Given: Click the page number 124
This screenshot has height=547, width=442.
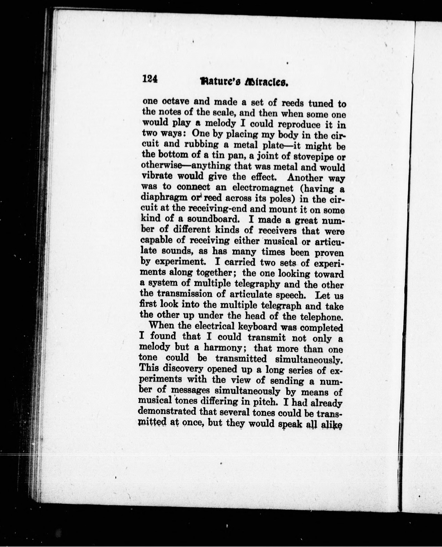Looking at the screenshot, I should pyautogui.click(x=150, y=80).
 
